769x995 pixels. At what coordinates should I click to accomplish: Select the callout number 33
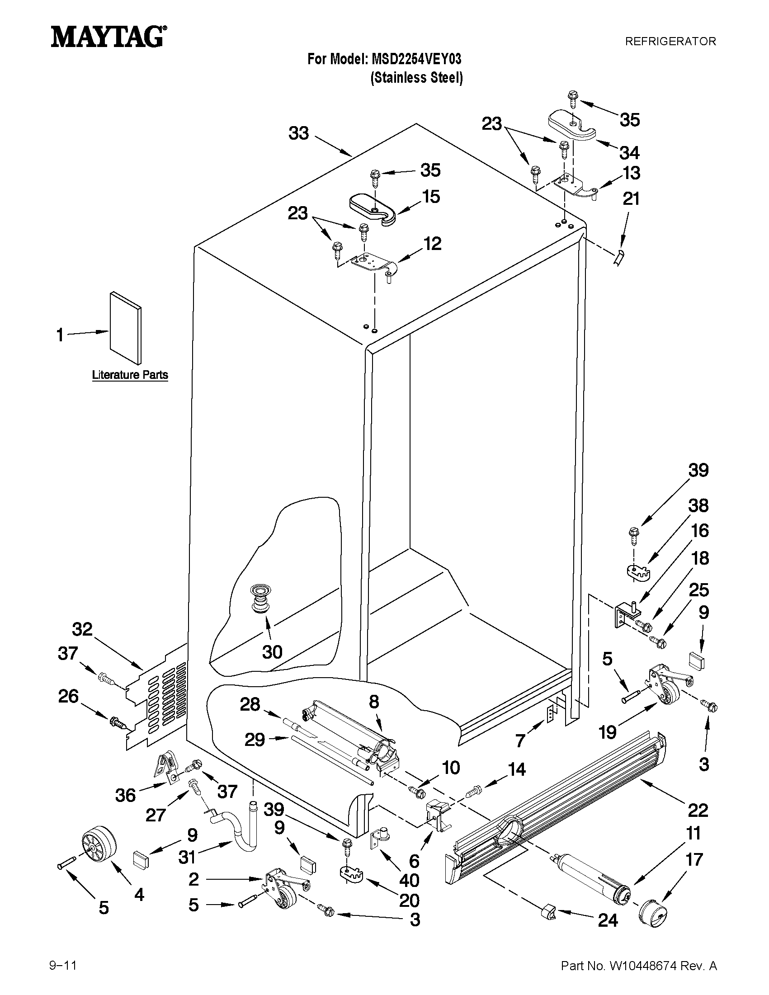tap(299, 133)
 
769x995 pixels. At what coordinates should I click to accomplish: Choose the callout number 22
tap(698, 810)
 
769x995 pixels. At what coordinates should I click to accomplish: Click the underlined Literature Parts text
tap(130, 375)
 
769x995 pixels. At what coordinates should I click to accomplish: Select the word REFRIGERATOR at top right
tap(670, 42)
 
